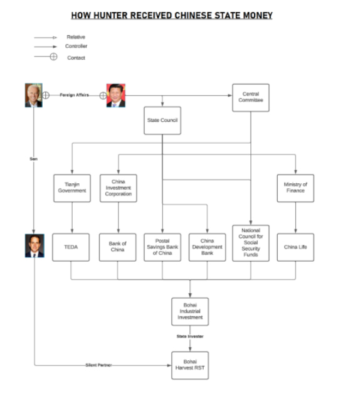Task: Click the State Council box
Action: click(162, 121)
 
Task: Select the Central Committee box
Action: click(251, 98)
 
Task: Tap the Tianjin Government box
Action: click(72, 188)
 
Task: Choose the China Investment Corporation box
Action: click(119, 188)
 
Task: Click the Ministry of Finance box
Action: click(295, 188)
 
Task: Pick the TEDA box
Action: click(71, 247)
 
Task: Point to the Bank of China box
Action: click(118, 247)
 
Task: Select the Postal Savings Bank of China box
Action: click(162, 247)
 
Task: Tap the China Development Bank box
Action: click(207, 247)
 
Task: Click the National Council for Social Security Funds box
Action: click(251, 243)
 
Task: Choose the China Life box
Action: click(295, 247)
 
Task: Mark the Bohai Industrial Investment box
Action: click(190, 312)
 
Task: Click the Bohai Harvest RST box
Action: click(190, 365)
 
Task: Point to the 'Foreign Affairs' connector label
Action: click(74, 95)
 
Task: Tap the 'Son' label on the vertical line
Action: click(34, 159)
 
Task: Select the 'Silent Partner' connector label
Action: click(98, 365)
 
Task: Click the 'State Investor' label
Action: click(190, 336)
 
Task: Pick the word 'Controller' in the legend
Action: click(76, 46)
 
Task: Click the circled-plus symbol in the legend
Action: click(53, 56)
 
